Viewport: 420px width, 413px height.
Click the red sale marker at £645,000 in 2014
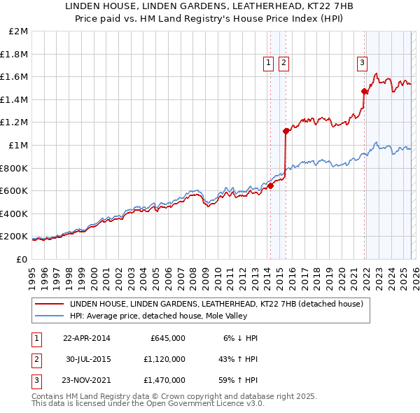point(270,185)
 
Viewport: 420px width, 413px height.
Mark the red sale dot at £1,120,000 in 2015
point(286,131)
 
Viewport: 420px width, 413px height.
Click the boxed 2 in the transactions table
point(36,358)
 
